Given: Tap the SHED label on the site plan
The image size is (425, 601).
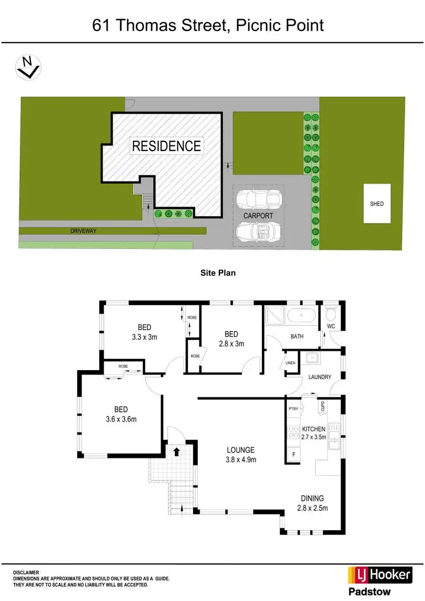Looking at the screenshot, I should (377, 204).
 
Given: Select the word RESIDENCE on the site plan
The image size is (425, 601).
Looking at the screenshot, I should (166, 146).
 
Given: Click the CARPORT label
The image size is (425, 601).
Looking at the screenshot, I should (258, 216).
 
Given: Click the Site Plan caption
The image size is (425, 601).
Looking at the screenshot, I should (218, 273).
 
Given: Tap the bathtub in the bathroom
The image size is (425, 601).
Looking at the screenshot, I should (300, 316).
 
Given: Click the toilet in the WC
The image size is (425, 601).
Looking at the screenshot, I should (331, 313).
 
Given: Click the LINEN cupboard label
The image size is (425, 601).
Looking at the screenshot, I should (291, 363).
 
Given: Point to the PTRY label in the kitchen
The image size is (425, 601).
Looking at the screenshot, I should (293, 408).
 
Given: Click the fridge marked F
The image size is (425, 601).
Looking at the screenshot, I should (294, 454).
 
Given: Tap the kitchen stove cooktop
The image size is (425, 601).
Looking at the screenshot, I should (294, 433).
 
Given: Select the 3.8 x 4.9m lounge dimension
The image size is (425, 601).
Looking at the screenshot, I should (241, 460).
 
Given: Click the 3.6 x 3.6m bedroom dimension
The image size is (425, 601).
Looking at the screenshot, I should (121, 419).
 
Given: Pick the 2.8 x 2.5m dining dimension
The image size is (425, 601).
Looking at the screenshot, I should (312, 508).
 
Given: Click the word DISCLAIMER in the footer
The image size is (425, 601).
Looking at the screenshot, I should (27, 572).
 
